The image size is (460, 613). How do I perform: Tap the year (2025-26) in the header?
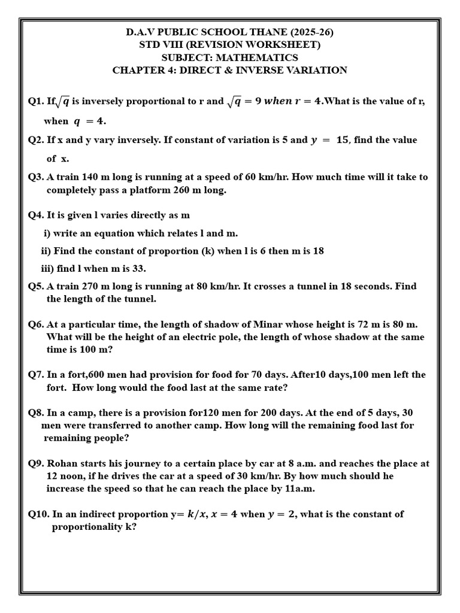309,32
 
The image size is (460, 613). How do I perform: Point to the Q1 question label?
36,101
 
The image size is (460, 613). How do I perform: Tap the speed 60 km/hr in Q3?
297,177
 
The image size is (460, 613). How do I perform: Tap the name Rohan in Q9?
62,463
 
